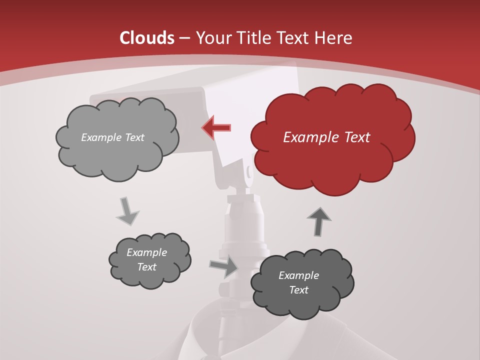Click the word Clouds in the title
point(147,38)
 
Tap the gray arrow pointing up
point(319,221)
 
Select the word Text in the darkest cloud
point(298,290)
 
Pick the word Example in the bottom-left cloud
point(146,252)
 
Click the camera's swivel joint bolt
point(249,171)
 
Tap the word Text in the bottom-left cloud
point(146,267)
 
